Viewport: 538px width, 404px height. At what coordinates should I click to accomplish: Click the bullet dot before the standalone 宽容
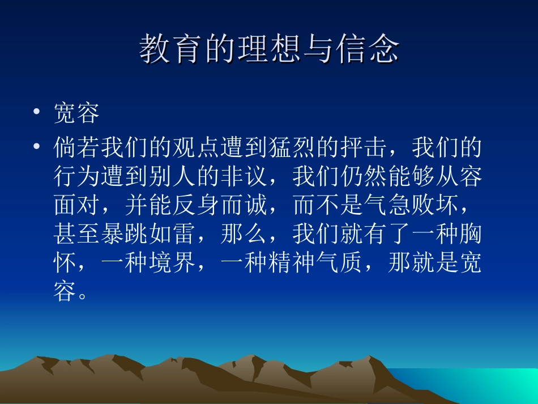coord(37,113)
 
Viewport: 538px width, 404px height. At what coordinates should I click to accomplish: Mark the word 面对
coord(77,205)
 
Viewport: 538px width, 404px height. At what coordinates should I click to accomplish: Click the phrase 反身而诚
coord(220,205)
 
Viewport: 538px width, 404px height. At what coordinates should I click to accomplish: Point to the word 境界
coord(172,263)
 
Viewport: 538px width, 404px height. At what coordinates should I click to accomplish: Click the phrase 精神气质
coord(315,263)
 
